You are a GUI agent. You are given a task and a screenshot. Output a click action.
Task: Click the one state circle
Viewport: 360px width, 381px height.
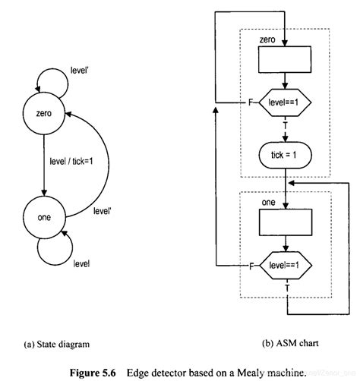44,217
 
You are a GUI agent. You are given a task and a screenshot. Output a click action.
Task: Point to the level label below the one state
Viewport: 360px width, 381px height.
81,263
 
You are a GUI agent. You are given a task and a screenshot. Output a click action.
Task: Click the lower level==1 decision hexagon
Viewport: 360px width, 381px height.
283,265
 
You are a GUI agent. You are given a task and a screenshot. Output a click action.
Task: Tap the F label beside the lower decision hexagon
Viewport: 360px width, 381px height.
251,265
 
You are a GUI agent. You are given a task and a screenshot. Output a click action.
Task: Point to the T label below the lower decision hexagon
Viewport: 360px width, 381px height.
286,288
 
